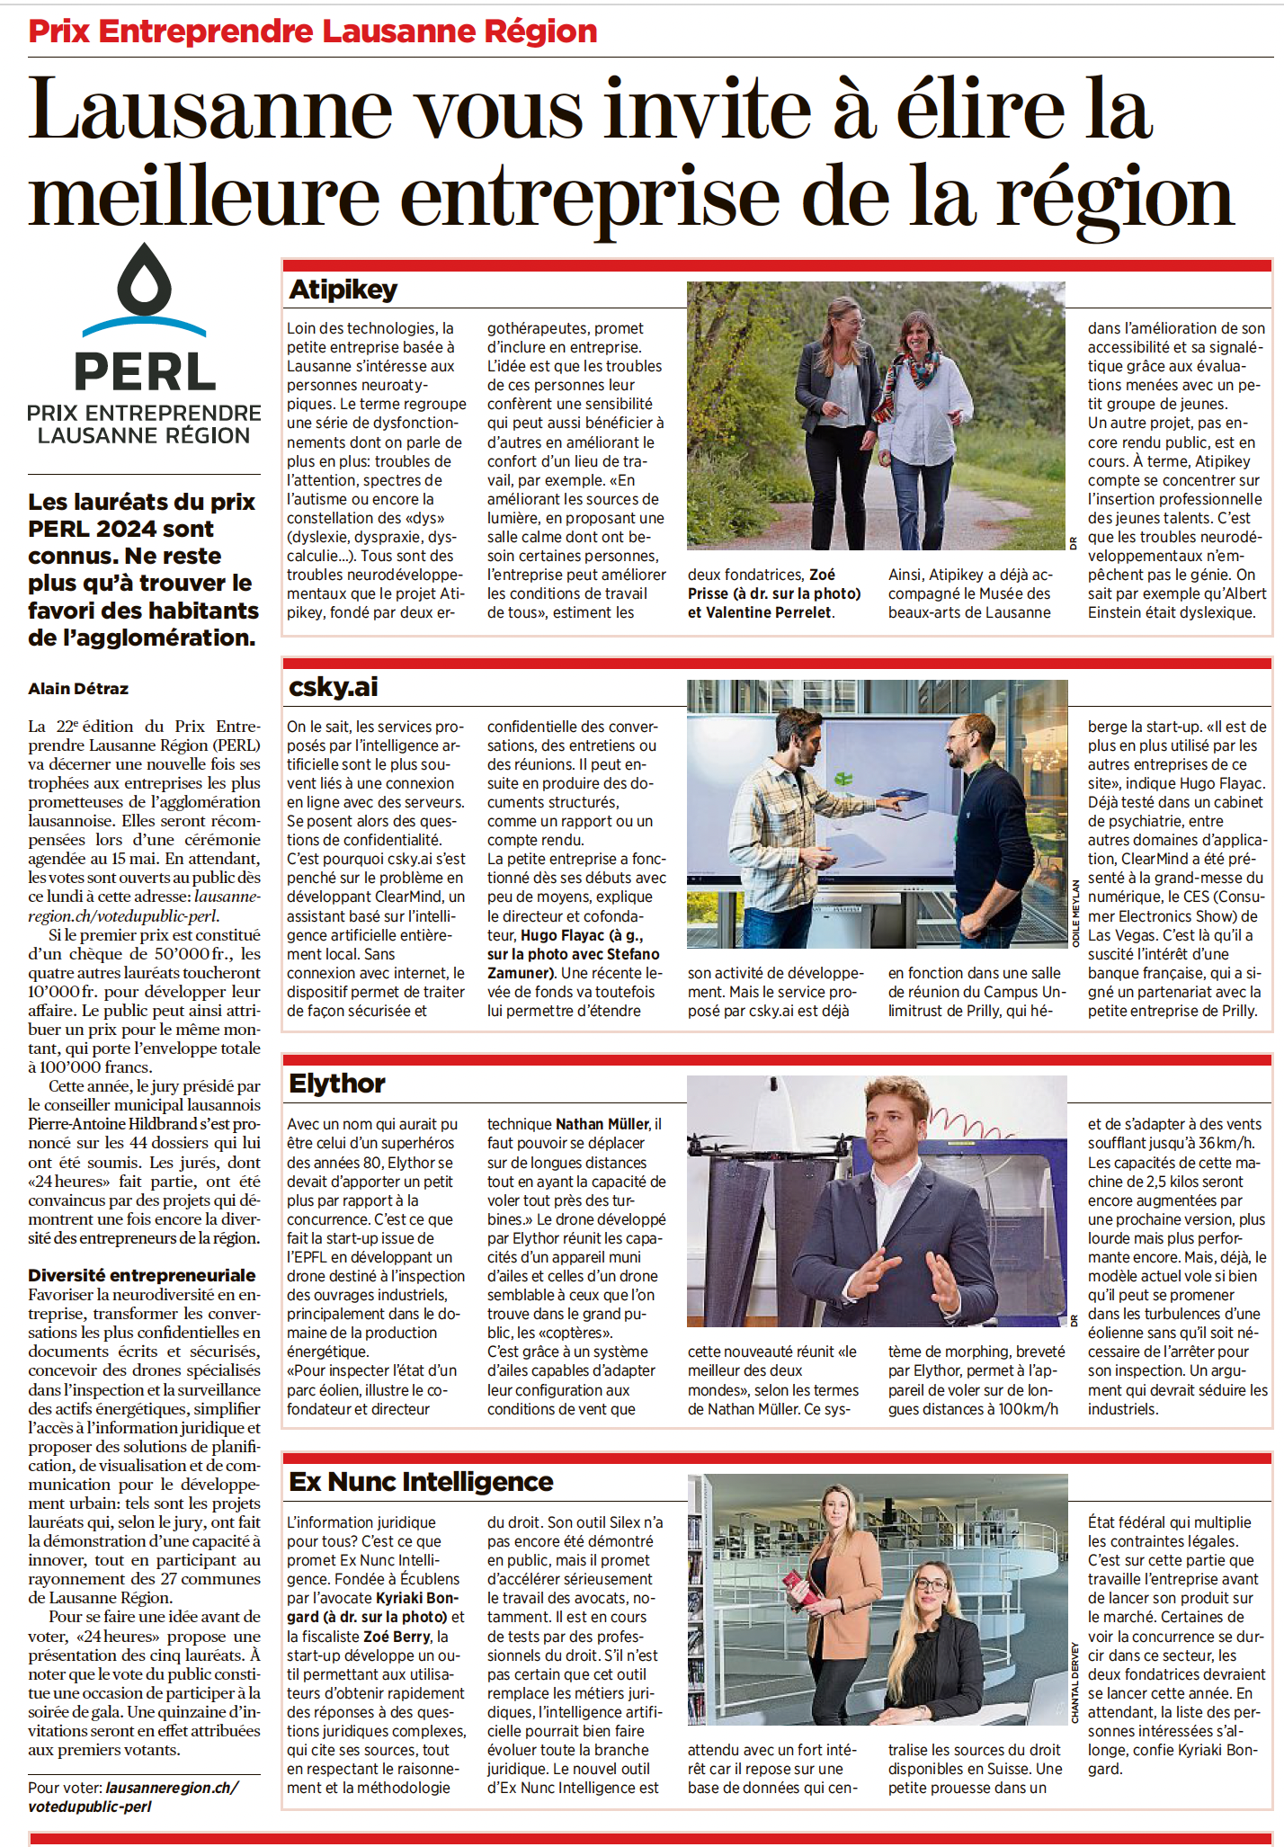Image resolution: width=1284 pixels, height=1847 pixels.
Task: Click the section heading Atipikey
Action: [343, 290]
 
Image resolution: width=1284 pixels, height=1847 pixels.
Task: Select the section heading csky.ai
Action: [333, 687]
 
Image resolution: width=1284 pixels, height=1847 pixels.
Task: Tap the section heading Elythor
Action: [336, 1084]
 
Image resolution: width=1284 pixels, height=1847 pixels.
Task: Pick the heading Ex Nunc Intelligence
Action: [421, 1482]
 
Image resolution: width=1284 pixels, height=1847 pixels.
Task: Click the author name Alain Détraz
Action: [78, 689]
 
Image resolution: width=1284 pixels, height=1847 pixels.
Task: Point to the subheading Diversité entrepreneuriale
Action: [142, 1275]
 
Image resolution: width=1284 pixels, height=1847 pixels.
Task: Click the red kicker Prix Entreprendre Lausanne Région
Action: [313, 31]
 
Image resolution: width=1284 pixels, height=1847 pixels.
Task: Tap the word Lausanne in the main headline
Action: [210, 111]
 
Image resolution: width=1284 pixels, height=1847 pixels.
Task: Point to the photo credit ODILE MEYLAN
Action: [1075, 912]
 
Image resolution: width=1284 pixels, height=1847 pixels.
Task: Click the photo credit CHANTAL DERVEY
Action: [1075, 1682]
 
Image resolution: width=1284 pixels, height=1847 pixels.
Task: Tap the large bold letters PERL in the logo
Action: [144, 371]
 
